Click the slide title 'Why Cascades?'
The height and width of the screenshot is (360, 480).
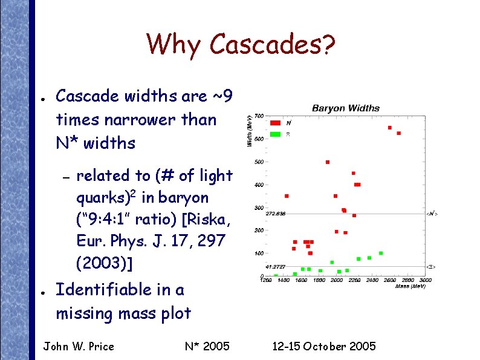[241, 44]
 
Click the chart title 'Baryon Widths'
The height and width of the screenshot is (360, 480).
[346, 108]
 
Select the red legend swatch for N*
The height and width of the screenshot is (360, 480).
[275, 122]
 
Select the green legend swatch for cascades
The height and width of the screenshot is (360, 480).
[275, 134]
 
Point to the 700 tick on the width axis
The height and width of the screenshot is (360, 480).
[258, 116]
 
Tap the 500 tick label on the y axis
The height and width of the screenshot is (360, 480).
[258, 162]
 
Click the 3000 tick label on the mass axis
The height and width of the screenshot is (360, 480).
[426, 280]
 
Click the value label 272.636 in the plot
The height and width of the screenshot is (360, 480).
[276, 214]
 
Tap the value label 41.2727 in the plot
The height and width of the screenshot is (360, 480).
[275, 266]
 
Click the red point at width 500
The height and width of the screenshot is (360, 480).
[327, 162]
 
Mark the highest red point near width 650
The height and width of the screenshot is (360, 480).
[390, 128]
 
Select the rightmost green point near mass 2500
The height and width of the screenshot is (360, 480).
[380, 253]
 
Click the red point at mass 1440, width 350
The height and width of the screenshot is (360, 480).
[287, 196]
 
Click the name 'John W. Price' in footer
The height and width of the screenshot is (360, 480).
[79, 346]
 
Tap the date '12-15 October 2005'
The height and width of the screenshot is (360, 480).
[324, 346]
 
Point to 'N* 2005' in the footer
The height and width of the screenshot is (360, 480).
[207, 346]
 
